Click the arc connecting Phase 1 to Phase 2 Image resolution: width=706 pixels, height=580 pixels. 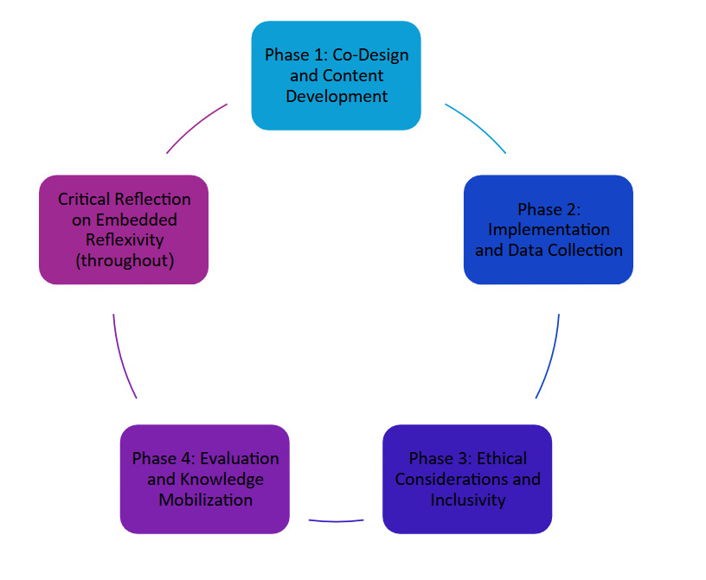(478, 125)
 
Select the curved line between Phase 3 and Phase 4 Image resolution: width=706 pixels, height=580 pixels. (336, 520)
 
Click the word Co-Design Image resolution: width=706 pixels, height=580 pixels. (375, 55)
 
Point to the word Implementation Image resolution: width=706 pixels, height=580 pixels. (549, 230)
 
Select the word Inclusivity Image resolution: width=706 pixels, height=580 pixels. (467, 500)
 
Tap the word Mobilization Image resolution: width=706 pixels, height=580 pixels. (204, 500)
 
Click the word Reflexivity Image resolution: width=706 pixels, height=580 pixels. (124, 240)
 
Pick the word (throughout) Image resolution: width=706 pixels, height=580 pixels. (124, 260)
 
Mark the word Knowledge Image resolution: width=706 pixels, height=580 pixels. (221, 479)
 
